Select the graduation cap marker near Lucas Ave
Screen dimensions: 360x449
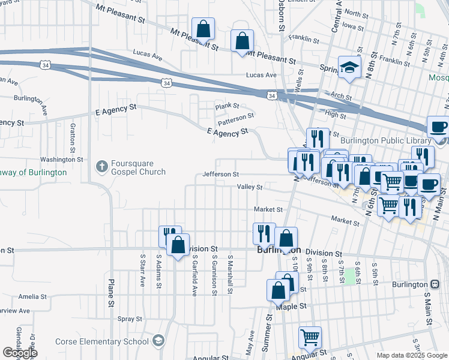pyautogui.click(x=348, y=67)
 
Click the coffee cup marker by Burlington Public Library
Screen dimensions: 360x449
pyautogui.click(x=438, y=128)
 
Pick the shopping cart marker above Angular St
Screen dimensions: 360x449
pyautogui.click(x=310, y=337)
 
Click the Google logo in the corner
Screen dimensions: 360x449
pyautogui.click(x=20, y=353)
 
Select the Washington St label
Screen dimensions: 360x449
pyautogui.click(x=61, y=160)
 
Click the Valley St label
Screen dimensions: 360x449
pyautogui.click(x=250, y=187)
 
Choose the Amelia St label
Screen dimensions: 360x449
pyautogui.click(x=32, y=297)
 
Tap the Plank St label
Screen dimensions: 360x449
pyautogui.click(x=228, y=106)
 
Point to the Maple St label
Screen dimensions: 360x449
pyautogui.click(x=291, y=306)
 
